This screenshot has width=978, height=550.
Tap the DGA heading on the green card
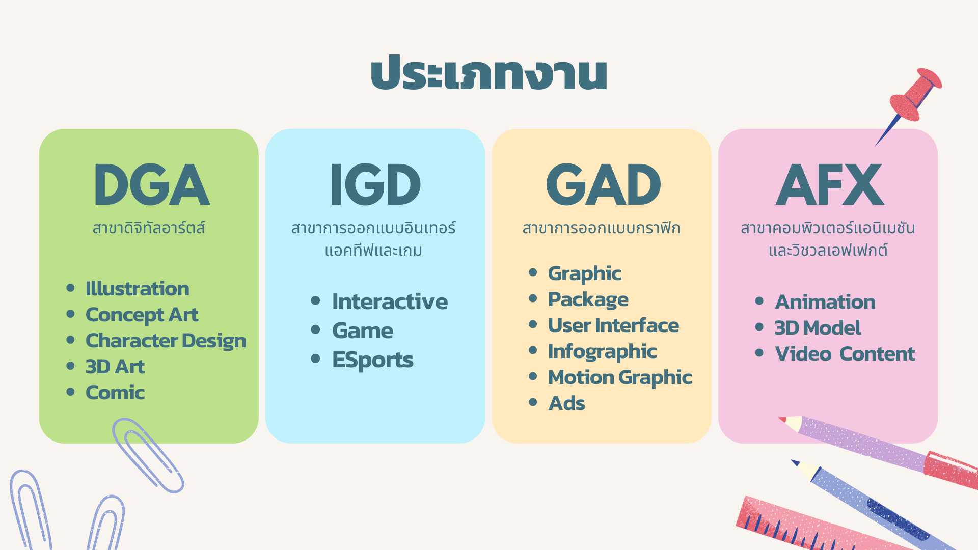tap(151, 185)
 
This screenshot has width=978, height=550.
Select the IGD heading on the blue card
tap(375, 185)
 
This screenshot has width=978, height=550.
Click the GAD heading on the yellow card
tap(603, 185)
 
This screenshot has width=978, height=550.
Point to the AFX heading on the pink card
tap(829, 185)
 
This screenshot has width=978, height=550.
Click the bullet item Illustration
tap(137, 289)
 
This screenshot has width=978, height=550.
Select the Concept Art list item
tap(142, 315)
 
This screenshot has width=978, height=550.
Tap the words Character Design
tap(166, 341)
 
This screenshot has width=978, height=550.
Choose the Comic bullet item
tap(115, 393)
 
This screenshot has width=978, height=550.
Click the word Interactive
tap(390, 301)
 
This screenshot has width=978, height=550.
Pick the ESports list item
tap(373, 360)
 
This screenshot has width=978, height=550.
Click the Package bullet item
tap(588, 300)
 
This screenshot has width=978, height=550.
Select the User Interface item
tap(613, 325)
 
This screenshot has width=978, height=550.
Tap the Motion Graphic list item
tap(620, 378)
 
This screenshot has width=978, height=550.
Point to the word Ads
tap(567, 403)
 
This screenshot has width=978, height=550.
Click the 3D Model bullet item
tap(818, 328)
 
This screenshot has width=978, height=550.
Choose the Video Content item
tap(845, 354)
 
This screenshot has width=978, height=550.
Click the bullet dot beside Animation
tap(759, 301)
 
